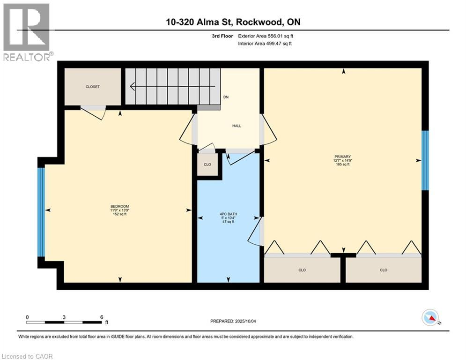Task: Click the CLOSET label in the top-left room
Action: click(x=92, y=87)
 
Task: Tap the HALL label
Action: click(x=237, y=126)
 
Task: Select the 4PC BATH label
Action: click(x=228, y=214)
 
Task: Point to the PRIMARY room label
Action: click(x=343, y=157)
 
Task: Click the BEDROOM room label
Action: click(x=120, y=206)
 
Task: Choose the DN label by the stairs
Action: click(x=226, y=97)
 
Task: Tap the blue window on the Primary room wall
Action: click(x=425, y=160)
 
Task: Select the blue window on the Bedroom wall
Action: click(x=41, y=212)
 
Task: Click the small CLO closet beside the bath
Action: click(x=208, y=164)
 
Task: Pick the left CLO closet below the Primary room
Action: click(x=302, y=270)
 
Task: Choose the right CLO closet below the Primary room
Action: click(x=384, y=270)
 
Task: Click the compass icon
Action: click(x=430, y=317)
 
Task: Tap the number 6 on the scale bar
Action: click(x=102, y=317)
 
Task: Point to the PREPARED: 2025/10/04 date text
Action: click(x=233, y=321)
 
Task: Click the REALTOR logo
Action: click(x=27, y=32)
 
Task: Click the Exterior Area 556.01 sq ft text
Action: click(x=266, y=36)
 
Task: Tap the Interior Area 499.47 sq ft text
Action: click(x=265, y=44)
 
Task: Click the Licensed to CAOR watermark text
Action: click(x=27, y=356)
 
